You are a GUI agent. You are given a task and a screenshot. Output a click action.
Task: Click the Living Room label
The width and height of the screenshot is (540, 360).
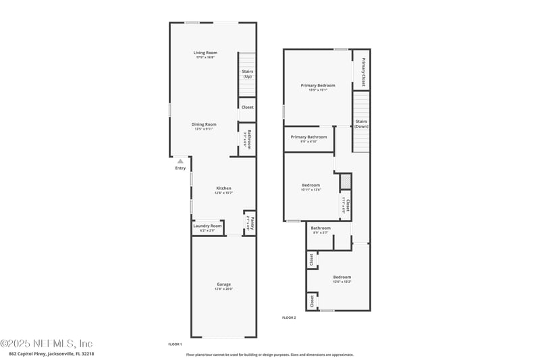click(205, 53)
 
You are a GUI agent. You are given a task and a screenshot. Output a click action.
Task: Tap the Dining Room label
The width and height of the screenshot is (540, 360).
click(204, 125)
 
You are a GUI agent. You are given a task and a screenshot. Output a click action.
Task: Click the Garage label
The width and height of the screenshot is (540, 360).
click(223, 285)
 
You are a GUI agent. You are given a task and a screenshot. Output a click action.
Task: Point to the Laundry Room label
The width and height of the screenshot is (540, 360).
click(207, 226)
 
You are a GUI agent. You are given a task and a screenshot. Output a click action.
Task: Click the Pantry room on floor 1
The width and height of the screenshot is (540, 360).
click(249, 222)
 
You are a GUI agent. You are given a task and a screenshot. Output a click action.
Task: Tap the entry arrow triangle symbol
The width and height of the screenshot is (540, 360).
click(180, 161)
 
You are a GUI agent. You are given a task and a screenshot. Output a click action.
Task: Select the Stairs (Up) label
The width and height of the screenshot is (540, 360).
click(247, 74)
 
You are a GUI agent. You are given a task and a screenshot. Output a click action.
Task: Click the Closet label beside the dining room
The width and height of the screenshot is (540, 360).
click(247, 107)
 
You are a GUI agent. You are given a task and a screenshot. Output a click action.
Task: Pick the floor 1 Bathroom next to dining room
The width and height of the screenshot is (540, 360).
click(248, 139)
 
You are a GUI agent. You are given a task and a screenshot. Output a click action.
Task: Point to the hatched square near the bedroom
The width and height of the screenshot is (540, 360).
click(345, 181)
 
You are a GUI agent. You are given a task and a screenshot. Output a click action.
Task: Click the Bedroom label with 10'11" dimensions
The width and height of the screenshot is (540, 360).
click(310, 186)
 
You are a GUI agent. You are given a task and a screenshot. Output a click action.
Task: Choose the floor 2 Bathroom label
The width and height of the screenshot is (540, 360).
click(321, 229)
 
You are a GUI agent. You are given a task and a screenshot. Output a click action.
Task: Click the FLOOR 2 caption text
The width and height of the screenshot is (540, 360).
click(289, 317)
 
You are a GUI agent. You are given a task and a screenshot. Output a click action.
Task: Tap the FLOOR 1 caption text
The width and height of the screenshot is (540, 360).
click(175, 344)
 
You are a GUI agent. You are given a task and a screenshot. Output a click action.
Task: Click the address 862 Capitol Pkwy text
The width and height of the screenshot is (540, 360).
click(51, 354)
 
